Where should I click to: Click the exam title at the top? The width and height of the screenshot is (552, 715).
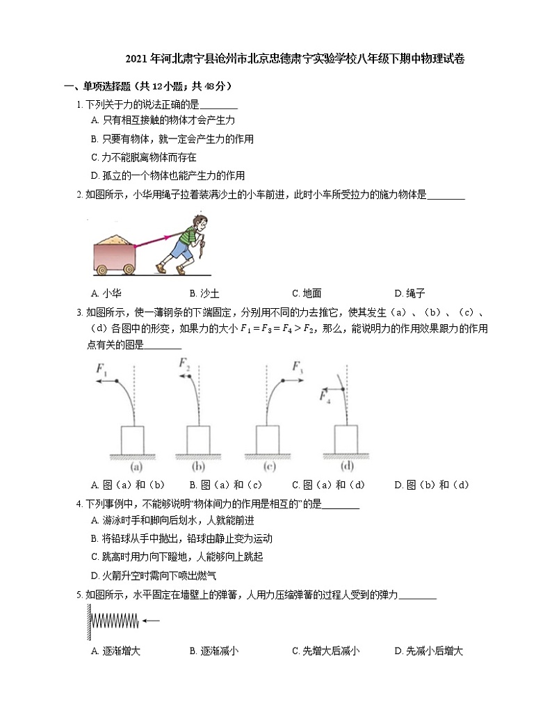(x=295, y=59)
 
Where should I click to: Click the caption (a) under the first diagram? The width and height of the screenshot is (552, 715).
(x=132, y=466)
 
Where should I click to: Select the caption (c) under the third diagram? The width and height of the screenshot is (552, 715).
(x=277, y=466)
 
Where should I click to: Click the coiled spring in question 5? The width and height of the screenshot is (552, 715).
(x=114, y=620)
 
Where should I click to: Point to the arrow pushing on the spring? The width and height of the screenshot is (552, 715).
(x=149, y=620)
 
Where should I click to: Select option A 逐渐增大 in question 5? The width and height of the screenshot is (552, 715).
(x=116, y=652)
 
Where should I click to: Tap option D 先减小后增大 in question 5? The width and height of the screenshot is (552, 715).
(x=428, y=652)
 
